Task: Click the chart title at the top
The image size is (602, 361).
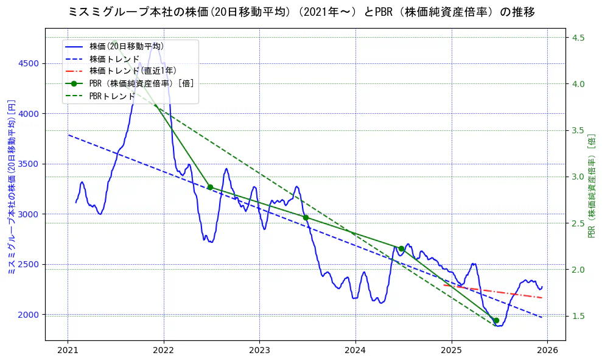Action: (x=301, y=12)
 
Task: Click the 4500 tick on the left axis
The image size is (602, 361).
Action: (x=29, y=63)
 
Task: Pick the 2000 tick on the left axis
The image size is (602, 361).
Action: (x=29, y=315)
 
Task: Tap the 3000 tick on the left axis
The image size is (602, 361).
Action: (x=29, y=214)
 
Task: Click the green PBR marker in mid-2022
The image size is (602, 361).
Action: (x=210, y=187)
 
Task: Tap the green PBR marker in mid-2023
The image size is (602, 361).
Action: (x=306, y=217)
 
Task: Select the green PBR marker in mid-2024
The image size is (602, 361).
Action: (x=401, y=248)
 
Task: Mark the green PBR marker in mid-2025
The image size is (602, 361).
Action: (x=496, y=320)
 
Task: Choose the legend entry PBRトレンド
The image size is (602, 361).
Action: (x=112, y=96)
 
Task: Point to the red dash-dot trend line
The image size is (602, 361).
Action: (x=493, y=292)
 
